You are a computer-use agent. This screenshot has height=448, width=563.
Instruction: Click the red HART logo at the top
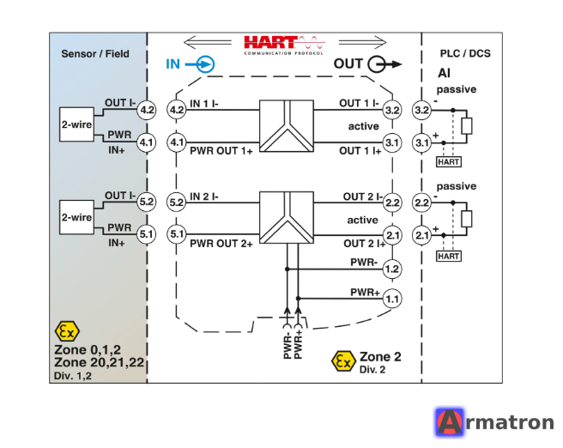pyautogui.click(x=284, y=45)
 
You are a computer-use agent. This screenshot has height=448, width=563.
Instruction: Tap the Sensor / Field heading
pyautogui.click(x=95, y=54)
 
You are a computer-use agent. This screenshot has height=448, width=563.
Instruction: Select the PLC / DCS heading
pyautogui.click(x=465, y=53)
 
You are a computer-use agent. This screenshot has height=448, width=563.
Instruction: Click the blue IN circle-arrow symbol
pyautogui.click(x=200, y=64)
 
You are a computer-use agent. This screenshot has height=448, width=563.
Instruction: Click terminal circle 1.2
pyautogui.click(x=391, y=269)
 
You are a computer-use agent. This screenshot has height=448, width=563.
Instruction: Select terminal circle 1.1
pyautogui.click(x=391, y=299)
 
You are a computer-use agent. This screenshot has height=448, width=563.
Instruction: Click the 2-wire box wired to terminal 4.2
pyautogui.click(x=77, y=124)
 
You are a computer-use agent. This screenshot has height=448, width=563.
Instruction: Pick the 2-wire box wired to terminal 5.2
pyautogui.click(x=77, y=217)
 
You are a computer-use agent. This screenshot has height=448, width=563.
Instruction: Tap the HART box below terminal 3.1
pyautogui.click(x=449, y=162)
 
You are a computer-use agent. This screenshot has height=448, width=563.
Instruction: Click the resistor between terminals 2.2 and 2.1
pyautogui.click(x=466, y=219)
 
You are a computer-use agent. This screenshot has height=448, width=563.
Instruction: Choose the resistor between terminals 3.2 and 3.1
pyautogui.click(x=466, y=126)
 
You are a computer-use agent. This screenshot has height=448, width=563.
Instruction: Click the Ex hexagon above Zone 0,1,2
pyautogui.click(x=67, y=331)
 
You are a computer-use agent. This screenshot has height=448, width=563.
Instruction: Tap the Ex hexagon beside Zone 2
pyautogui.click(x=343, y=361)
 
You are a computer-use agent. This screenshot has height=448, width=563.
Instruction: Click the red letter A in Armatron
pyautogui.click(x=449, y=422)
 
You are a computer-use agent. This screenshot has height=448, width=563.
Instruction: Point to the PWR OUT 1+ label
pyautogui.click(x=221, y=151)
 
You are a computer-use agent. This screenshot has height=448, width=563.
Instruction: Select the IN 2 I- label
pyautogui.click(x=204, y=197)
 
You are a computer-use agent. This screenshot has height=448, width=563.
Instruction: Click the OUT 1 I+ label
pyautogui.click(x=360, y=151)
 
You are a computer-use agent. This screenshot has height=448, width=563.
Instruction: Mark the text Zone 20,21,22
pyautogui.click(x=99, y=362)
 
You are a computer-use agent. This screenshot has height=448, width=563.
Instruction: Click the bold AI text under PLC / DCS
pyautogui.click(x=445, y=73)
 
